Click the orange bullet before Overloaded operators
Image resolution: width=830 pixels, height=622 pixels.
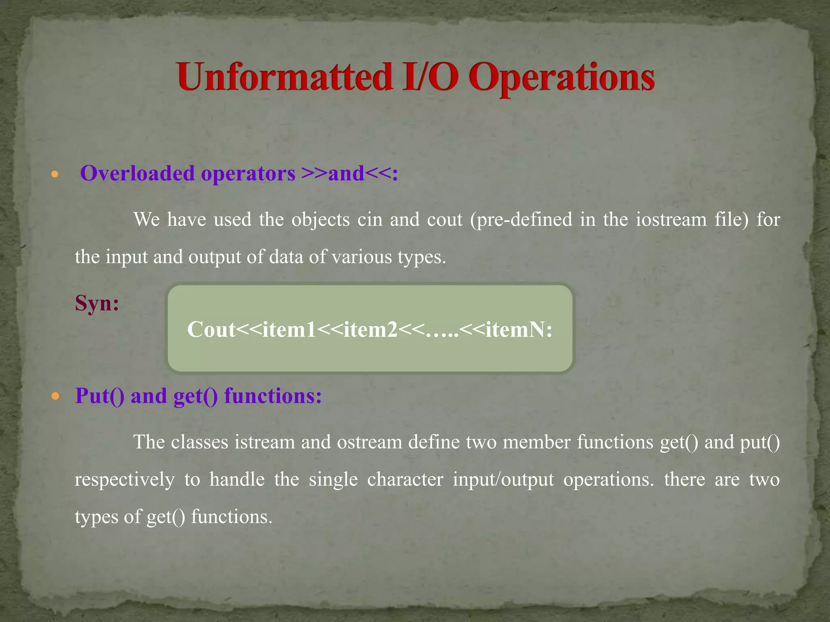[55, 175]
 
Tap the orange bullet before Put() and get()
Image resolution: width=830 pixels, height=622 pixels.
[55, 396]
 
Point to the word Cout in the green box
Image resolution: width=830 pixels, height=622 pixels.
[211, 329]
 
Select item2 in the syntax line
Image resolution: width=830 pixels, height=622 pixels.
[370, 329]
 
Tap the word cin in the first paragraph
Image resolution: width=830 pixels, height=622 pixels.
[370, 219]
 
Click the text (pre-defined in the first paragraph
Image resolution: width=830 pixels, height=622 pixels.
[521, 219]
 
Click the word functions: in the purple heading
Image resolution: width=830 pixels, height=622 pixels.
[273, 396]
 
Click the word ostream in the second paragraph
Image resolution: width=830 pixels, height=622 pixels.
[369, 442]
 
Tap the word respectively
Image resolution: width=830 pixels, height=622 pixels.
[124, 479]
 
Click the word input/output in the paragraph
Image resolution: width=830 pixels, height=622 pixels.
[503, 479]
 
